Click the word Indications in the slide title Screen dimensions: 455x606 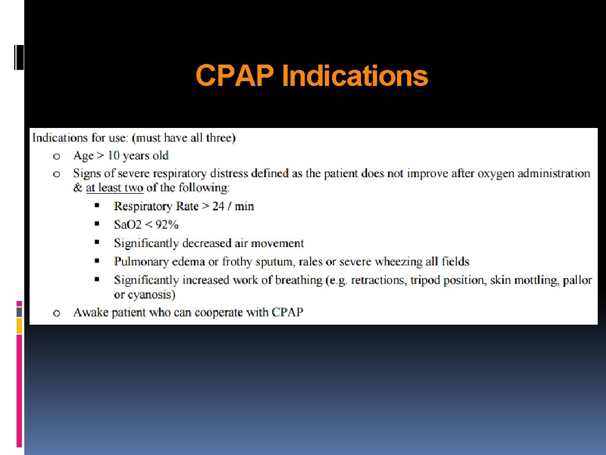click(355, 76)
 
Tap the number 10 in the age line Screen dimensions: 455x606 click(113, 156)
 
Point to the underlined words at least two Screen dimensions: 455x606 click(114, 188)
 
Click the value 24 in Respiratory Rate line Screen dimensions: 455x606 click(218, 206)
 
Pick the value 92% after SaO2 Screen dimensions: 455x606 click(166, 225)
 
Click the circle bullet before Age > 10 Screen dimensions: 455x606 click(56, 156)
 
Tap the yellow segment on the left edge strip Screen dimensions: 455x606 click(19, 325)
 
